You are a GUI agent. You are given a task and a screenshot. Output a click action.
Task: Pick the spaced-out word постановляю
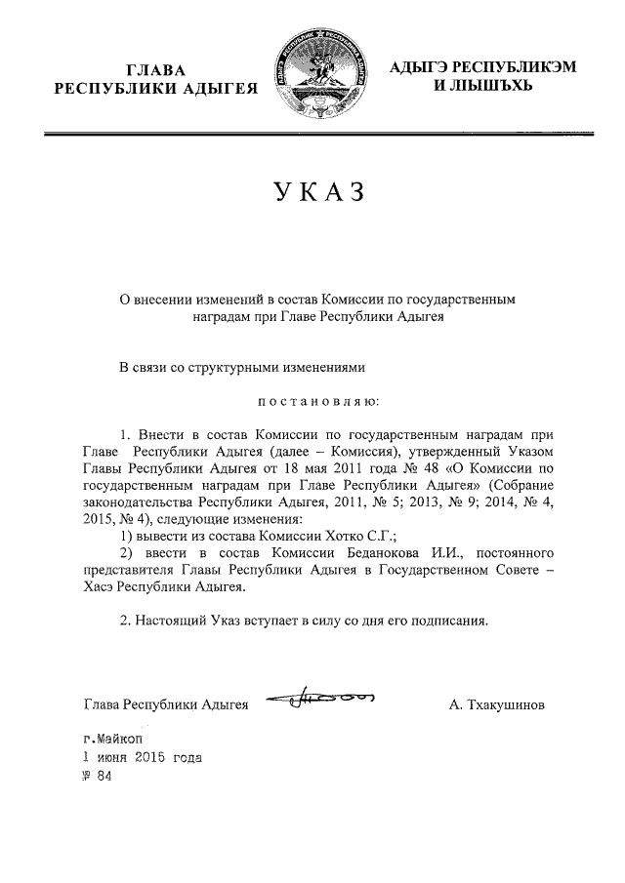point(320,401)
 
